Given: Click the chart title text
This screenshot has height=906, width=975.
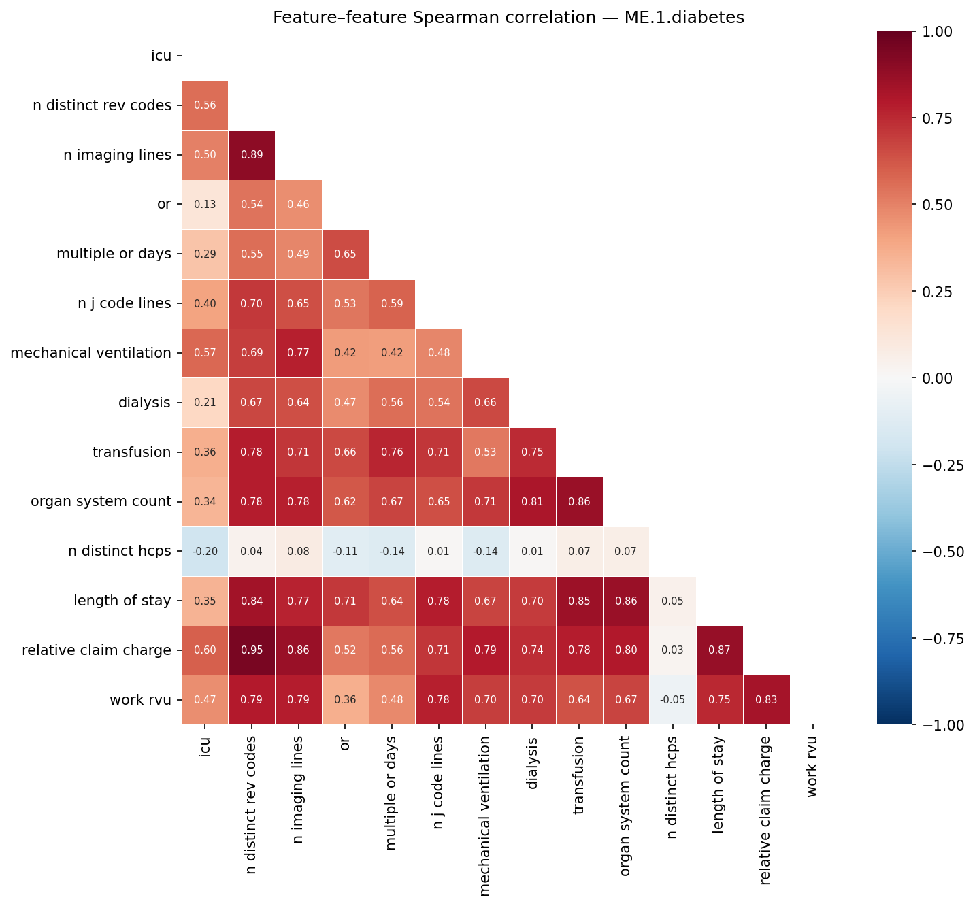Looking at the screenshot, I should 508,18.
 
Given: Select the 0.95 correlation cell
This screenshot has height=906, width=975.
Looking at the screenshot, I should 252,650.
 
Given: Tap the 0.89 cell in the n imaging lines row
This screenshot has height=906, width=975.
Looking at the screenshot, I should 252,154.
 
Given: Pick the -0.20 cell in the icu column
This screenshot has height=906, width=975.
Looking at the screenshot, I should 205,551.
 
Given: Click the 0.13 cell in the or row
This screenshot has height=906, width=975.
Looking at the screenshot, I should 205,204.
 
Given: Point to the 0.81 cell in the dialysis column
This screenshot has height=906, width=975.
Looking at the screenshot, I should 532,501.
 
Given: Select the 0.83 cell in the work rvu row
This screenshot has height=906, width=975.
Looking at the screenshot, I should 766,700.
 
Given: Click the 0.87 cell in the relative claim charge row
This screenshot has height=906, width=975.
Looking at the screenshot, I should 719,650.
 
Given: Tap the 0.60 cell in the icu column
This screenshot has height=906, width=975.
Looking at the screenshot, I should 205,650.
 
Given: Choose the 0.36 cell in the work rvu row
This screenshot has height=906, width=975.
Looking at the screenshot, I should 345,700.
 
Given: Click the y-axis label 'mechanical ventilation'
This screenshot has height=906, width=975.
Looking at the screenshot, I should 90,353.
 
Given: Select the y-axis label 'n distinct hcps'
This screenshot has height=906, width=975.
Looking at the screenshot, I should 120,551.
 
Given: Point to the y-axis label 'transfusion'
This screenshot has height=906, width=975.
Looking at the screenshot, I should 131,452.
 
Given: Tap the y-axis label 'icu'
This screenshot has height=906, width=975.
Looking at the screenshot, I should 161,56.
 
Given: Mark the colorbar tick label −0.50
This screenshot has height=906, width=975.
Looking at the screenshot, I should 942,552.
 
